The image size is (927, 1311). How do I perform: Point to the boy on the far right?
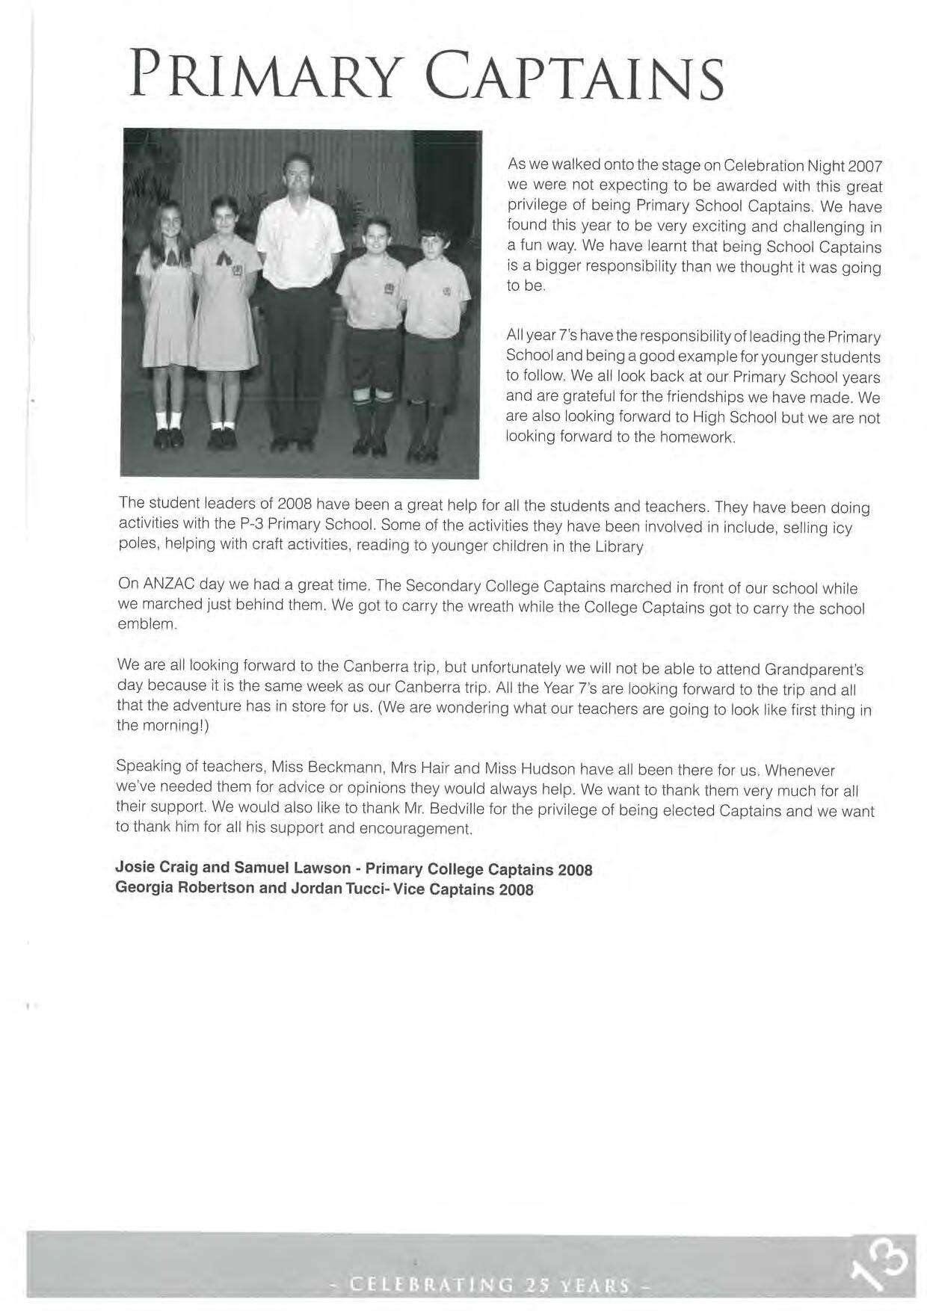(x=434, y=336)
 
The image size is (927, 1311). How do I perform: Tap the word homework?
(x=697, y=437)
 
